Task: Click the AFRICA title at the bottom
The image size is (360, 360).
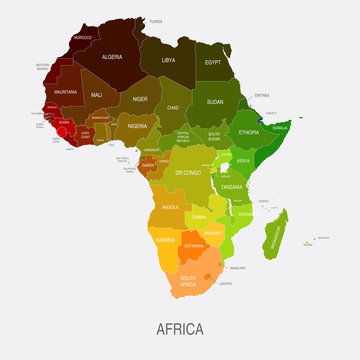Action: pyautogui.click(x=180, y=328)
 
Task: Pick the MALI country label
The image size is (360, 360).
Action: pyautogui.click(x=97, y=94)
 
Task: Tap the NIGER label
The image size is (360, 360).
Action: pyautogui.click(x=140, y=99)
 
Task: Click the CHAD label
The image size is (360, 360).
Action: pyautogui.click(x=174, y=107)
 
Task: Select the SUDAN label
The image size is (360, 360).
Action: pyautogui.click(x=215, y=103)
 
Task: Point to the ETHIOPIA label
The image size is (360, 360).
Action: pyautogui.click(x=249, y=132)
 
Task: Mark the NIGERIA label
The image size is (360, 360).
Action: pyautogui.click(x=137, y=126)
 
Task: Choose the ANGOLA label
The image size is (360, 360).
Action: pyautogui.click(x=170, y=207)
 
